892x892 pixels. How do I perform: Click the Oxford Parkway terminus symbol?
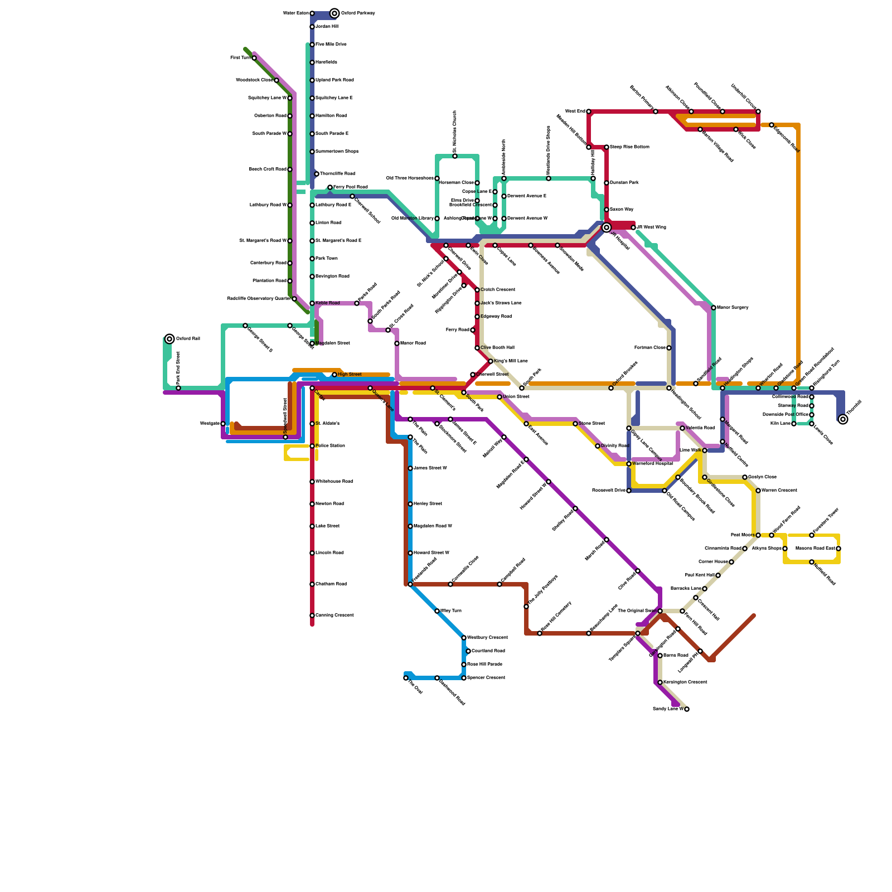point(334,13)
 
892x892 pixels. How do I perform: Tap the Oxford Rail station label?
point(188,339)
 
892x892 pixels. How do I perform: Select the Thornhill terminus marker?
point(843,419)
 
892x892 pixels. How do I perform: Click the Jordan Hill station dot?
point(312,27)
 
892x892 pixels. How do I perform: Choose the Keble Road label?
point(327,303)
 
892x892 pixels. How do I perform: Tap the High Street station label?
point(350,375)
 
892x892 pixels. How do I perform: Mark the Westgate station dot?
point(223,424)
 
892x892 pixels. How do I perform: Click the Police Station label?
point(330,446)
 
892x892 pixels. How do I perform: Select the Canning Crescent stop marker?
point(312,615)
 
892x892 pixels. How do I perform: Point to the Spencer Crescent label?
point(486,678)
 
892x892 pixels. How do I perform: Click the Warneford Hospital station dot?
point(629,464)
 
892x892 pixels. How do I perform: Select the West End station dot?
point(589,111)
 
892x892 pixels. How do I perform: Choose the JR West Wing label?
point(651,227)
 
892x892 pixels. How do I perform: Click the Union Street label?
point(516,397)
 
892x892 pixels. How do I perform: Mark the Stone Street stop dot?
point(575,424)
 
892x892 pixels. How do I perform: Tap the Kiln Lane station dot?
point(794,424)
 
